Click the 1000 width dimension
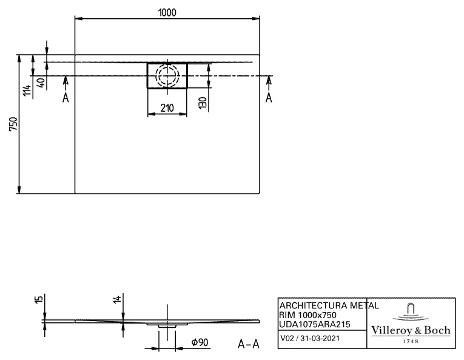click(167, 13)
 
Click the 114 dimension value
click(26, 91)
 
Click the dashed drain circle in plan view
click(167, 75)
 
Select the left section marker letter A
click(66, 97)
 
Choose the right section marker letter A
click(269, 97)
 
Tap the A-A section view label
click(249, 344)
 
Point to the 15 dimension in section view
click(38, 300)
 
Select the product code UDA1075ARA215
click(315, 325)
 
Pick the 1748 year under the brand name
click(411, 341)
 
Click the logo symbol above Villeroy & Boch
click(411, 311)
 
